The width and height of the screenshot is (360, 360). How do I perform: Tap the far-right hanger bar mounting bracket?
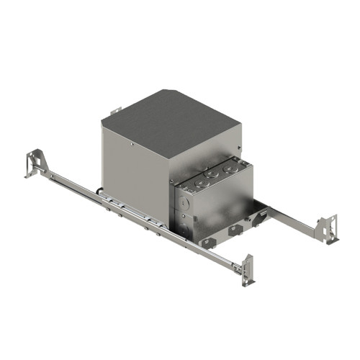pyautogui.click(x=330, y=228)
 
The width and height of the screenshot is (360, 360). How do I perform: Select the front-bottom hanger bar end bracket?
pyautogui.click(x=248, y=270)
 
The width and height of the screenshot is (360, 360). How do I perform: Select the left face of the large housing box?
pyautogui.click(x=137, y=173)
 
